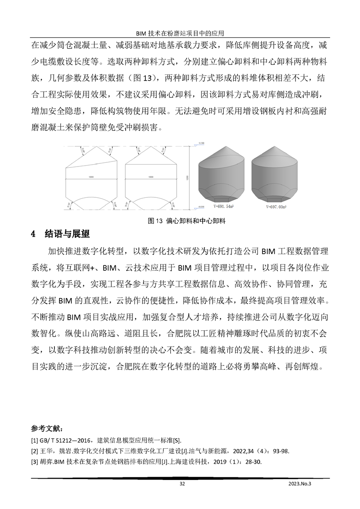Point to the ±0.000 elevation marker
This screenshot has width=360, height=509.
pyautogui.click(x=202, y=206)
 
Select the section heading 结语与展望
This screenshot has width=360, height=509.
pyautogui.click(x=67, y=235)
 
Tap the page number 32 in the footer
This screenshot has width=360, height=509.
pyautogui.click(x=182, y=484)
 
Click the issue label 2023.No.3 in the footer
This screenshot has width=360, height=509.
pyautogui.click(x=301, y=484)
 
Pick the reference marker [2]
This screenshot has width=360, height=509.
pyautogui.click(x=35, y=451)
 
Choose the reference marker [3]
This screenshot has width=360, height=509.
pyautogui.click(x=35, y=463)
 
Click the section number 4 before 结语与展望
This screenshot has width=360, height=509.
pyautogui.click(x=33, y=235)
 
